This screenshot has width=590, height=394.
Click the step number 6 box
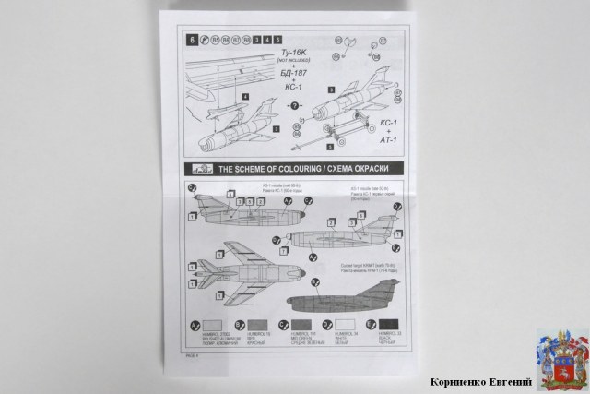[192, 40]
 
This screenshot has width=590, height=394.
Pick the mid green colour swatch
[303, 326]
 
